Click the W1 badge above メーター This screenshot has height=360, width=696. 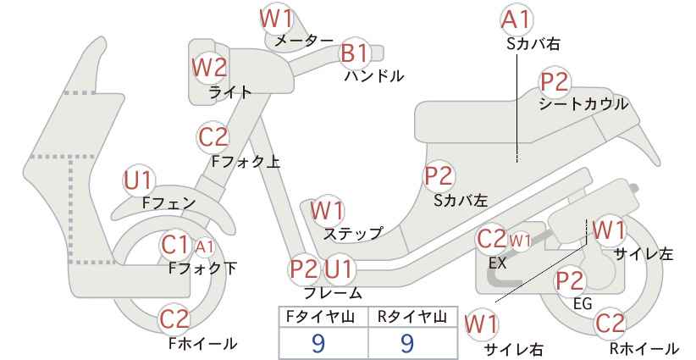click(277, 19)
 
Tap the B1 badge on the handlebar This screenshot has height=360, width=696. click(355, 53)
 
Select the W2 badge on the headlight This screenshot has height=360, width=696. click(209, 68)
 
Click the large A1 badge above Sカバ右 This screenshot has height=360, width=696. click(516, 19)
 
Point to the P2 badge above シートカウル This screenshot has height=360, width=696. click(555, 82)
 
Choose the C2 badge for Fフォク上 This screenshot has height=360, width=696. click(213, 136)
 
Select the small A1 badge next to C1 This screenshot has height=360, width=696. click(205, 246)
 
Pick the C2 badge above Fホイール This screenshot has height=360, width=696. click(175, 319)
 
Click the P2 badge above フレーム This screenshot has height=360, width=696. click(305, 269)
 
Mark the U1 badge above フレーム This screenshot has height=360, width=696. click(339, 269)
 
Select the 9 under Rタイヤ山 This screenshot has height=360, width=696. click(407, 344)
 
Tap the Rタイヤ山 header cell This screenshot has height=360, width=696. click(413, 317)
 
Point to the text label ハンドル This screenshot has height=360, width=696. click(374, 76)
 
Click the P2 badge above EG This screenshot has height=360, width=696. click(570, 280)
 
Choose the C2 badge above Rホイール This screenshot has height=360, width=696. click(610, 324)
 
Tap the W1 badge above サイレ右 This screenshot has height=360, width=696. click(482, 324)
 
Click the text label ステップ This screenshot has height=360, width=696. click(353, 233)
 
